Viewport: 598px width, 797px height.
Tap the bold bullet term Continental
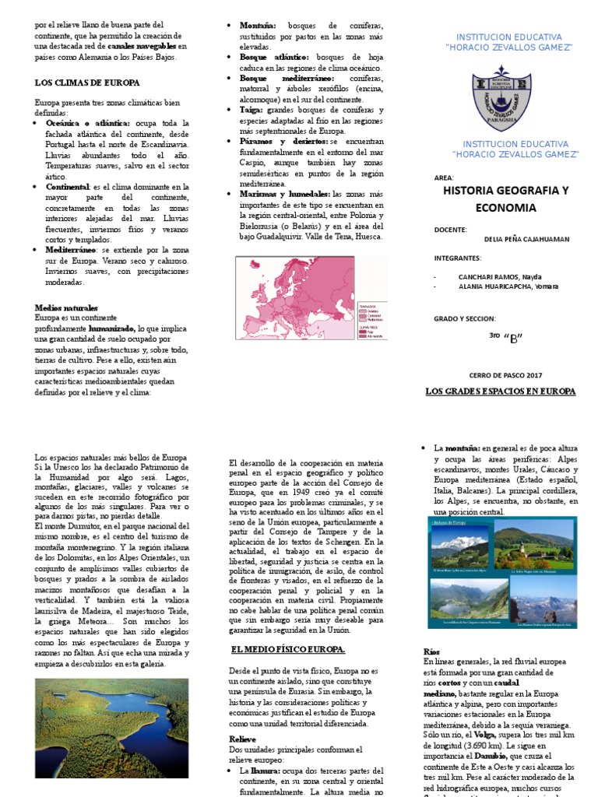(x=68, y=188)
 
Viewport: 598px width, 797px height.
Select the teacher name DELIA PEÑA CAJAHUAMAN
(x=526, y=240)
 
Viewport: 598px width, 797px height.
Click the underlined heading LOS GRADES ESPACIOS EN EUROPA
(x=500, y=391)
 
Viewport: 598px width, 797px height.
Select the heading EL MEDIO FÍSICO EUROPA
(x=287, y=649)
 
